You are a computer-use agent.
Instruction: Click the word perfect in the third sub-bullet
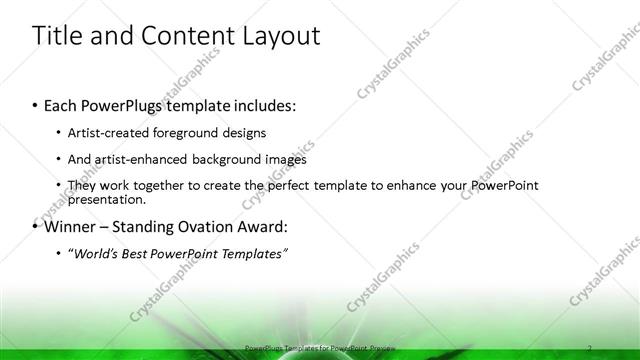297,185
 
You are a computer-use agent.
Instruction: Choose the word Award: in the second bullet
263,226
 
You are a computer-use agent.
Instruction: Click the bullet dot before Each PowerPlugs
36,105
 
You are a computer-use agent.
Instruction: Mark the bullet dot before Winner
36,226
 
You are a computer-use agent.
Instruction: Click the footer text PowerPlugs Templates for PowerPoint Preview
319,348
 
